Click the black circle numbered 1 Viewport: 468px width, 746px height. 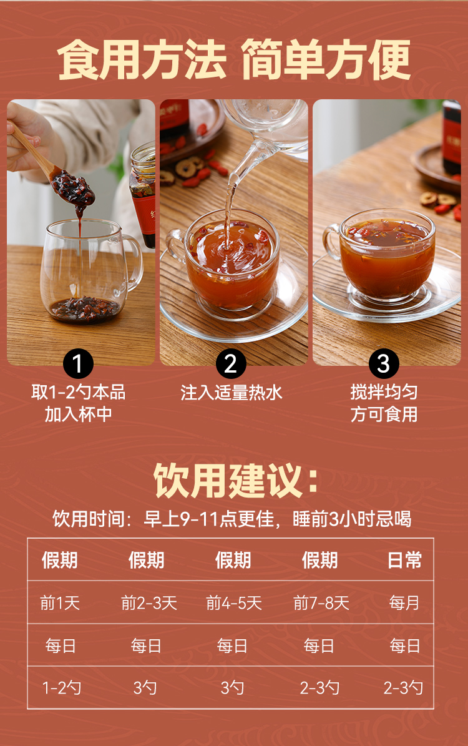78,364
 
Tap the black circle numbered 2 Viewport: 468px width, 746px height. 231,364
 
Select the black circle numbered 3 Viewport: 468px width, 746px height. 384,364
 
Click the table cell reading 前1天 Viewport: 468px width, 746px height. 60,603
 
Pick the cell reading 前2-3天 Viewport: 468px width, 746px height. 149,603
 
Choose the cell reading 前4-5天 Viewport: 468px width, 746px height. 234,603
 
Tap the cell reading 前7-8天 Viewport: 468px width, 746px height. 321,603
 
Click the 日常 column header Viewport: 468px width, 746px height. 404,560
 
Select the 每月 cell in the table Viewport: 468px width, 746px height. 404,603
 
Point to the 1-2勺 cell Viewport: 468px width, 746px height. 61,687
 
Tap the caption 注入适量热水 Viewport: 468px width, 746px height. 231,393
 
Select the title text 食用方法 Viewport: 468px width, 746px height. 141,61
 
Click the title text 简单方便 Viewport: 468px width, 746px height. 326,61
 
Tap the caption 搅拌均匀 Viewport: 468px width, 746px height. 384,392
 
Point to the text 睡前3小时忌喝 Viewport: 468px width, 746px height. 352,519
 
